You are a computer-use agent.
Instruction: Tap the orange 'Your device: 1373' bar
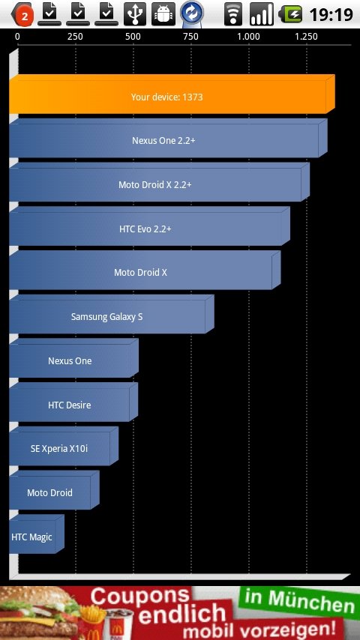(172, 94)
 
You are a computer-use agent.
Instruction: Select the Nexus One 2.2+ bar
(168, 139)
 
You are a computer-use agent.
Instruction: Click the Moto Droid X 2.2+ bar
(159, 182)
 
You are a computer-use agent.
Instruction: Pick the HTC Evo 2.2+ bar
(149, 226)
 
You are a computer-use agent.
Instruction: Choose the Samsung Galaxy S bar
(112, 314)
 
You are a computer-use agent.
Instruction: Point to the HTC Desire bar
(73, 402)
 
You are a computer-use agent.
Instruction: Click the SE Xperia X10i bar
(64, 446)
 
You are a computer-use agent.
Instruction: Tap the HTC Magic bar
(36, 534)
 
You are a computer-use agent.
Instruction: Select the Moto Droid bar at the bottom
(54, 490)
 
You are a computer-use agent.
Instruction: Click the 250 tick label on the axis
(75, 37)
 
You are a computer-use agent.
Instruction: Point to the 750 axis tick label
(190, 37)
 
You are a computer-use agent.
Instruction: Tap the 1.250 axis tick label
(306, 37)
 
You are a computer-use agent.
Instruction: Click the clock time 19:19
(331, 15)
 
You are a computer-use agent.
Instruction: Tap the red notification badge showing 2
(25, 16)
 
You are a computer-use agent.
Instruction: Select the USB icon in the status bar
(135, 14)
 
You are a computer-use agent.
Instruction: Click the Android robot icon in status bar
(163, 14)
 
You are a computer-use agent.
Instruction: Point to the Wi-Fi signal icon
(233, 14)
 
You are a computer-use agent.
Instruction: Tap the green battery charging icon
(290, 14)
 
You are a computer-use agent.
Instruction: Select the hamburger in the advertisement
(39, 615)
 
